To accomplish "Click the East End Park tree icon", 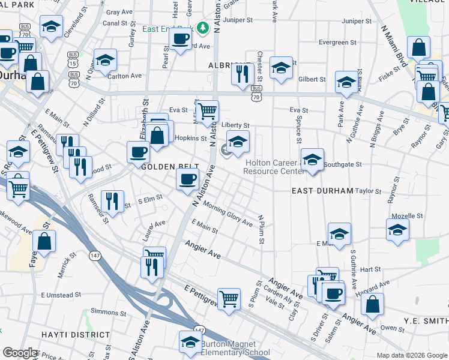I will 203,27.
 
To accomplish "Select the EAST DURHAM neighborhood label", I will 322,190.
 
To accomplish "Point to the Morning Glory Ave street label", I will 228,214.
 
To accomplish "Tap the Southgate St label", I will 343,164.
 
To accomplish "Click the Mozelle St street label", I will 408,215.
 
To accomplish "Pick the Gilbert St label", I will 312,79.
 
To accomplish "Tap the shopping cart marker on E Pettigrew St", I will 229,298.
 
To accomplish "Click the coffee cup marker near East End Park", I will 180,40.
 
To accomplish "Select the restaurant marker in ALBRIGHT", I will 242,74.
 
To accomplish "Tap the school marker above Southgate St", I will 312,159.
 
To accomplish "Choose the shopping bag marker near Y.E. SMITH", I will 373,303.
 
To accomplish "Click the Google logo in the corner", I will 20,353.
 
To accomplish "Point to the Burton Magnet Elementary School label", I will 235,348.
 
